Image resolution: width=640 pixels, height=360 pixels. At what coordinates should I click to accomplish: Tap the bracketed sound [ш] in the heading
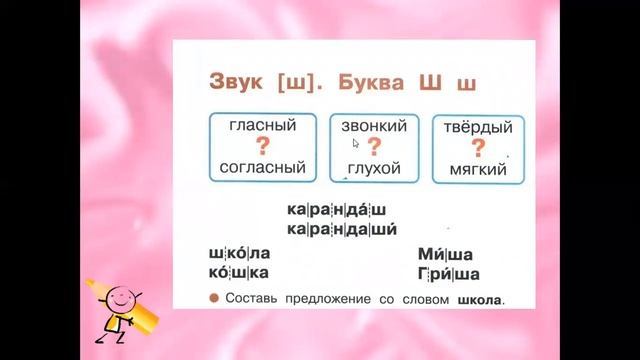pyautogui.click(x=307, y=83)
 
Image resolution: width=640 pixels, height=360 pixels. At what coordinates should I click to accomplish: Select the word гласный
pyautogui.click(x=263, y=127)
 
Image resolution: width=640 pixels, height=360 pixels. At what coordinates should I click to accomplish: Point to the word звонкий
pyautogui.click(x=374, y=127)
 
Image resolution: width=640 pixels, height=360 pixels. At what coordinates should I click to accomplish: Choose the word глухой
pyautogui.click(x=374, y=168)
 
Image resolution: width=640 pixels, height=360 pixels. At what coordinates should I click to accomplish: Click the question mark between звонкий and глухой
pyautogui.click(x=374, y=148)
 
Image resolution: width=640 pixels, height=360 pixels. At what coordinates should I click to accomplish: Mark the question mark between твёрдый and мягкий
pyautogui.click(x=478, y=148)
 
